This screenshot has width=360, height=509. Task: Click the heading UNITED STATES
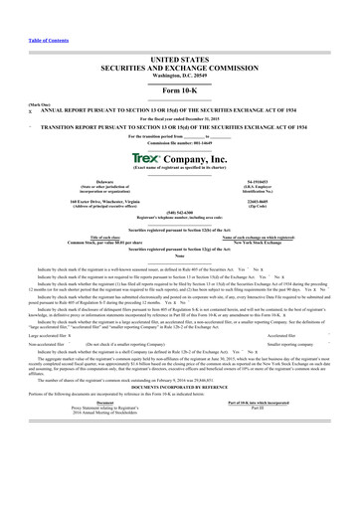(180, 61)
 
